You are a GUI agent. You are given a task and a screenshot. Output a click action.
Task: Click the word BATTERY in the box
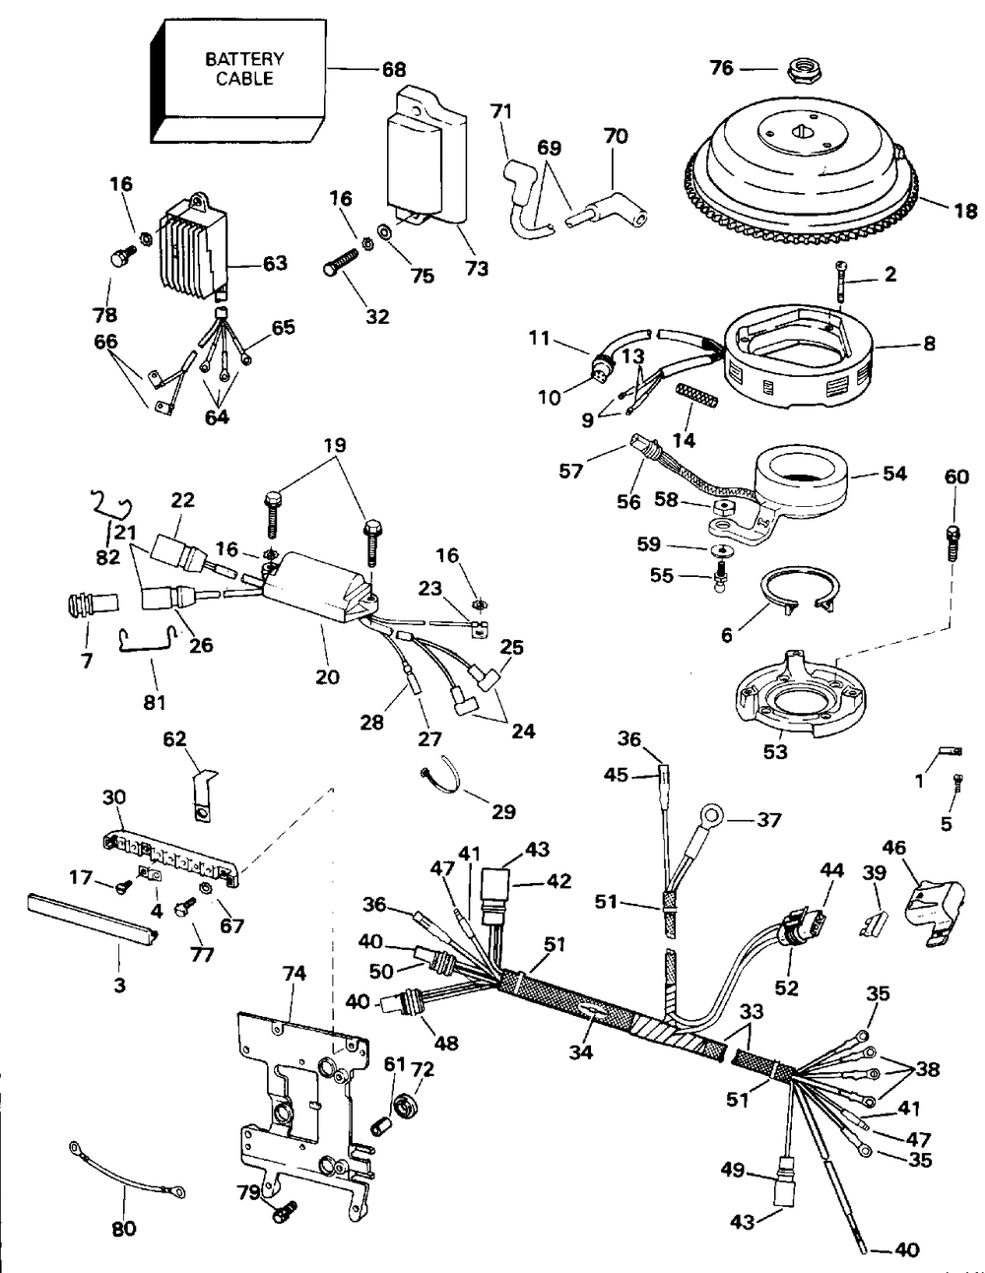click(x=244, y=59)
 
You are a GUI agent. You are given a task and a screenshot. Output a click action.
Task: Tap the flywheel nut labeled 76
click(x=798, y=70)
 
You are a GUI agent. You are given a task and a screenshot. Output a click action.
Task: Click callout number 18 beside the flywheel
click(x=965, y=210)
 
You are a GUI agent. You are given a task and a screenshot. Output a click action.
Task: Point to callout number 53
click(x=774, y=751)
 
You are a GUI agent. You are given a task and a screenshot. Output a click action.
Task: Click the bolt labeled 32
click(x=341, y=261)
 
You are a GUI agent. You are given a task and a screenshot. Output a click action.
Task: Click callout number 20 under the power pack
click(x=327, y=676)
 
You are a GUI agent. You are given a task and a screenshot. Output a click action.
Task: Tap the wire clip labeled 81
click(x=147, y=638)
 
